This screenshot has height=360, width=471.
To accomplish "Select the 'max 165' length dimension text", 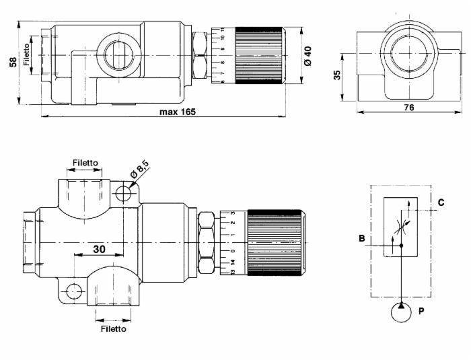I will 178,112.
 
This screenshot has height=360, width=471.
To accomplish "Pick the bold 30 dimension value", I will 99,248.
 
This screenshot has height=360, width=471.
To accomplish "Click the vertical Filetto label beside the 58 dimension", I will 27,55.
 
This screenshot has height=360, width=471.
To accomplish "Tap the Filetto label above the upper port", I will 85,163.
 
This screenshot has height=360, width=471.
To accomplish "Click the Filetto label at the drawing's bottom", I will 113,329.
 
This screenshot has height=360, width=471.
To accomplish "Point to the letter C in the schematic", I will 441,201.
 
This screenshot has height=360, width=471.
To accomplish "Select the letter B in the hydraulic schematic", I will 361,238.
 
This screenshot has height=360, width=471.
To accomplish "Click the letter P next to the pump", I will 421,312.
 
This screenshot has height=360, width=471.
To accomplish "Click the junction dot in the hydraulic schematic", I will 401,246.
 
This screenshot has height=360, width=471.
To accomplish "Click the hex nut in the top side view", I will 200,55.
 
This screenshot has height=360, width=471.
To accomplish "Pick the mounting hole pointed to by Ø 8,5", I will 124,194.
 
